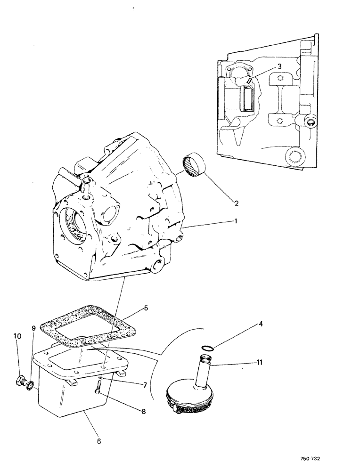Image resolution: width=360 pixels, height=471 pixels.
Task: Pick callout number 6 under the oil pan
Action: click(99, 441)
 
